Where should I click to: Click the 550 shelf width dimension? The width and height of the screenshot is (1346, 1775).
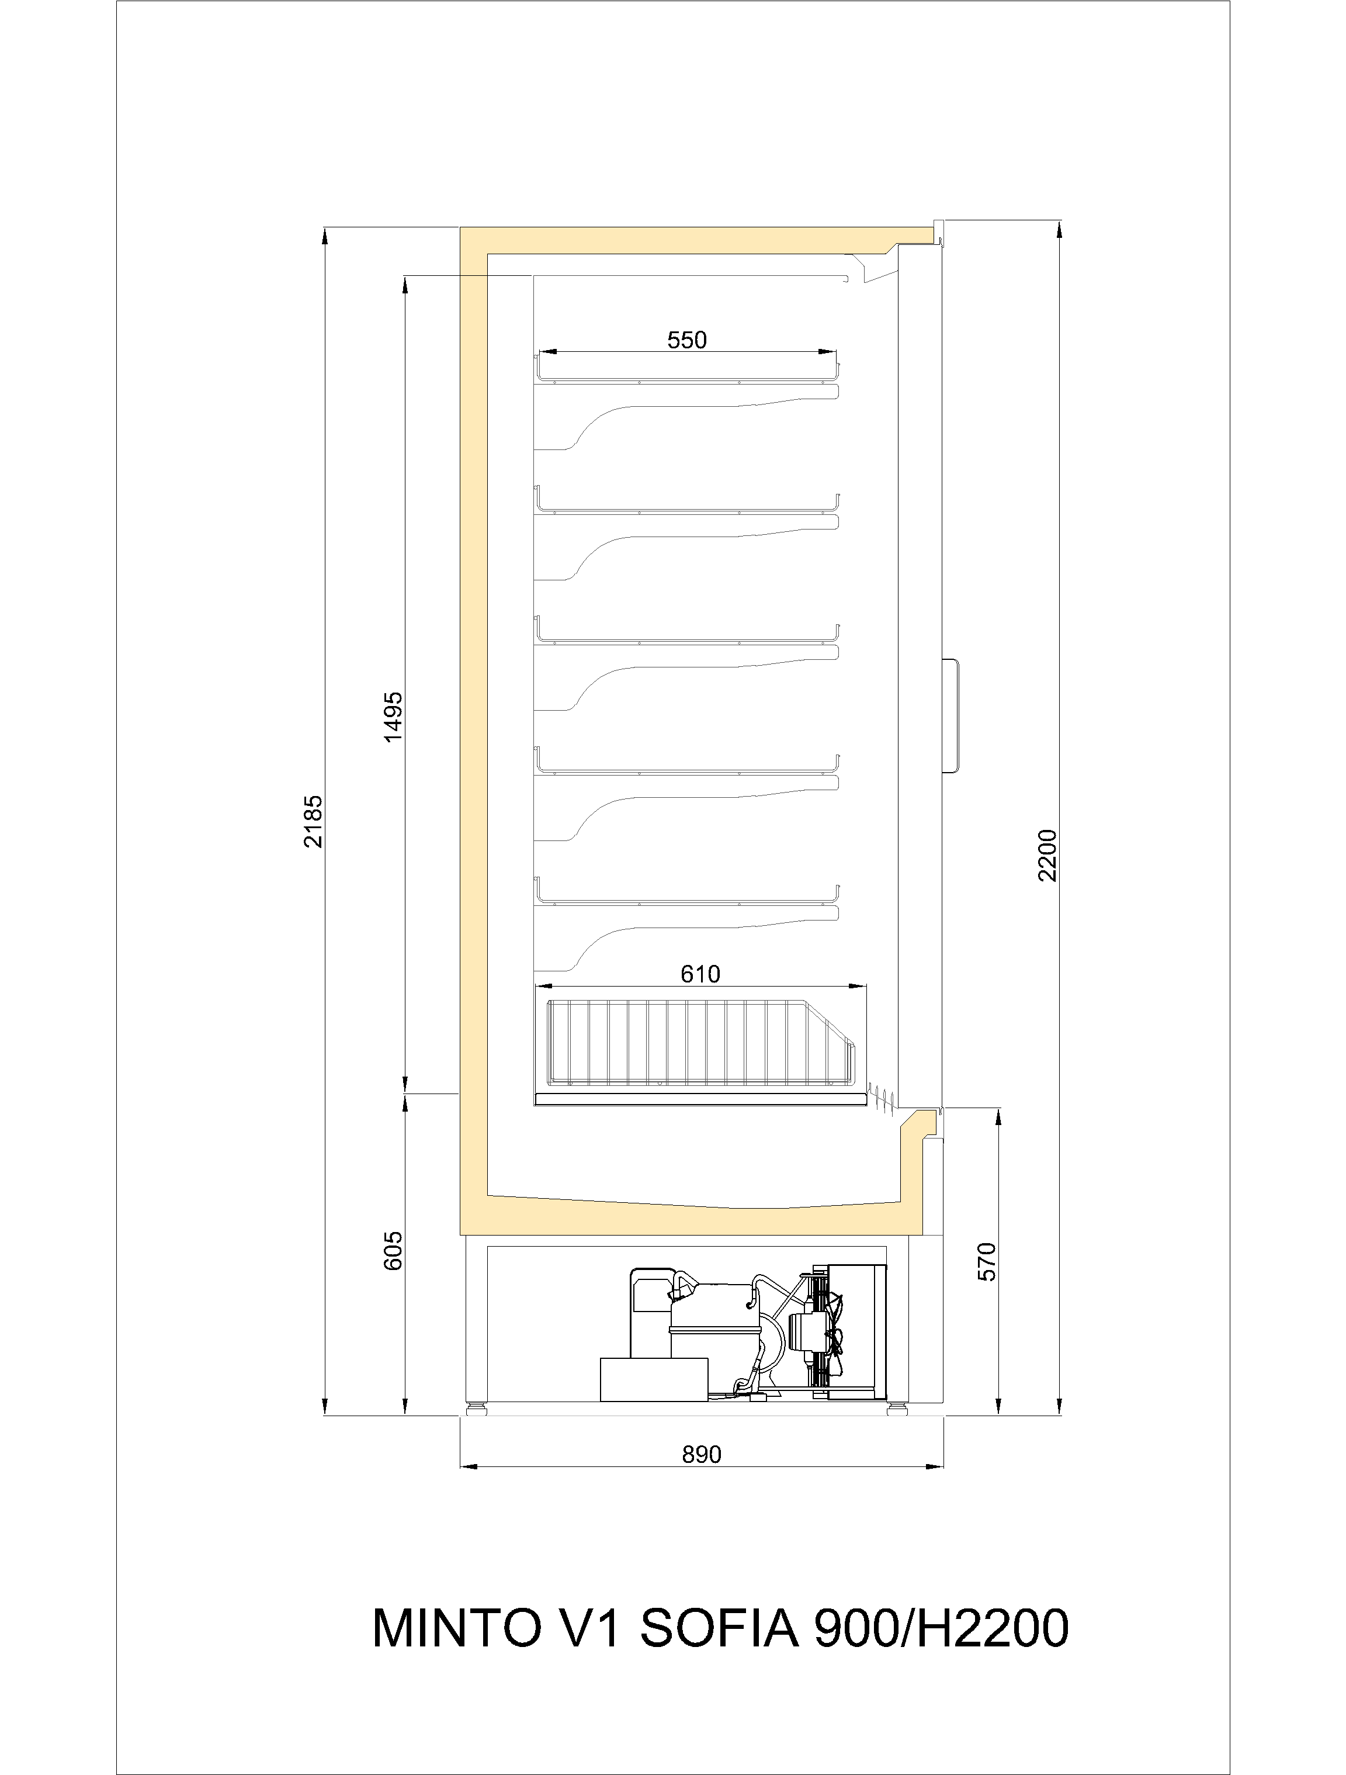click(x=688, y=340)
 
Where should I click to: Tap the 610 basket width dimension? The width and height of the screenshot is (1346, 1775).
click(x=700, y=974)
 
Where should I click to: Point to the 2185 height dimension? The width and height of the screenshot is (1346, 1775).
click(x=314, y=821)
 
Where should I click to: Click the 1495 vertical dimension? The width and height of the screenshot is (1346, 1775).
click(x=393, y=717)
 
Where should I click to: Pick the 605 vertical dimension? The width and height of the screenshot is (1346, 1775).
click(x=393, y=1251)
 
